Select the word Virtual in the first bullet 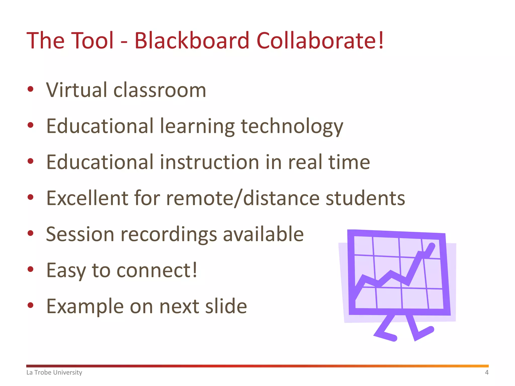point(77,90)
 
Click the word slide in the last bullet point(226,306)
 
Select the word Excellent point(87,198)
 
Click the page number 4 point(487,372)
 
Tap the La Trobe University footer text point(54,372)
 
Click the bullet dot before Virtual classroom point(30,89)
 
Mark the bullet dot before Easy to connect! point(30,269)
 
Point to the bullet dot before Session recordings point(30,233)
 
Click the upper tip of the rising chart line point(432,246)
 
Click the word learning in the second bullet point(197,127)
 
